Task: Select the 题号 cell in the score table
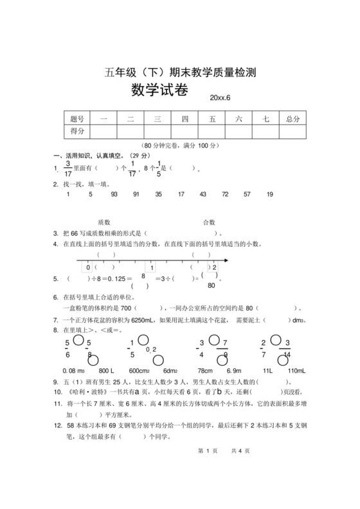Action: coord(77,119)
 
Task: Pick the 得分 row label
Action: coord(77,131)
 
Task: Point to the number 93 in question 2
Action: coord(114,194)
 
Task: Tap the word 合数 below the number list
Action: coord(209,221)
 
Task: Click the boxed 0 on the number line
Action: coord(87,267)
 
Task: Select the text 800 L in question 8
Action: coord(107,371)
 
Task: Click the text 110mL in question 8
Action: coord(296,371)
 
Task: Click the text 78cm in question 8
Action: coord(205,371)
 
